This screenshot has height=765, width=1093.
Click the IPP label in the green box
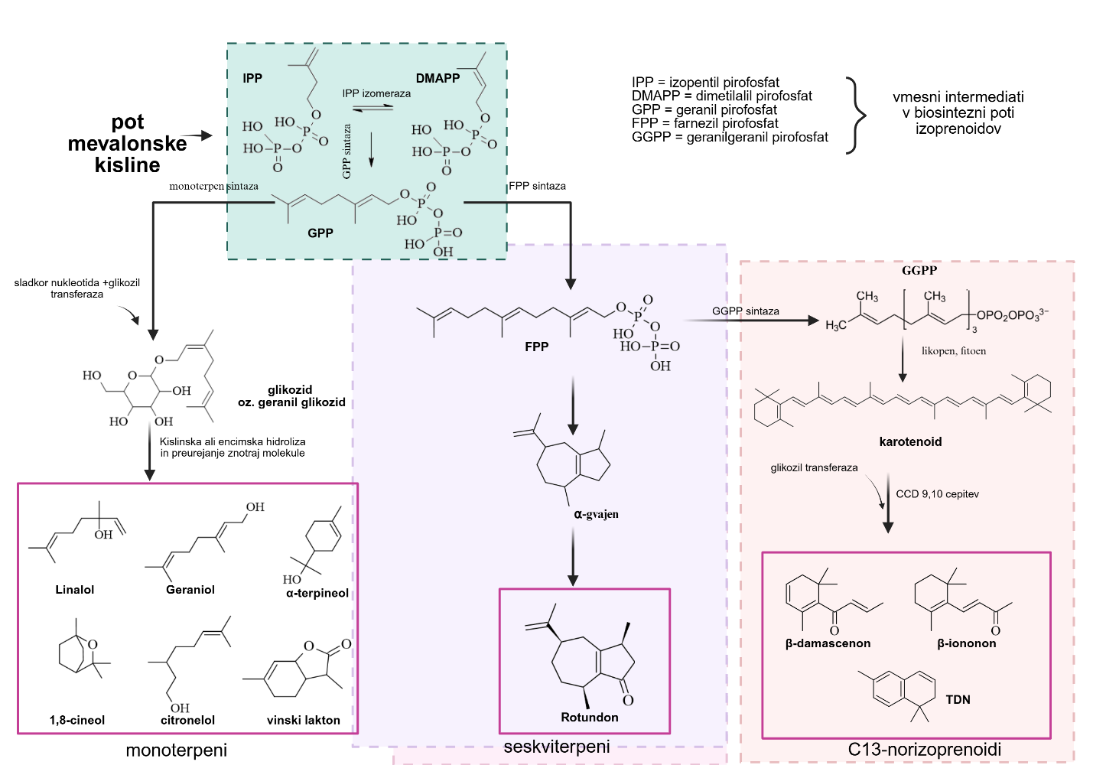(x=252, y=78)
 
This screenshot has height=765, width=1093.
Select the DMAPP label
(x=438, y=78)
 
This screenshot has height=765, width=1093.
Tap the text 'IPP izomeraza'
(x=376, y=93)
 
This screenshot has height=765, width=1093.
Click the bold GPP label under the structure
(x=320, y=233)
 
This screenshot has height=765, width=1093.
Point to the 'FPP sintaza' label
(x=538, y=186)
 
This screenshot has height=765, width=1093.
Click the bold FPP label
(x=536, y=347)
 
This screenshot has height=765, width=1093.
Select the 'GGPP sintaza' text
(x=745, y=311)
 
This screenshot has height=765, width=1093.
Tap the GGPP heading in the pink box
(x=919, y=270)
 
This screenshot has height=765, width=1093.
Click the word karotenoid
(x=910, y=441)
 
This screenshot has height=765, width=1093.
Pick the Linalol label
(x=75, y=590)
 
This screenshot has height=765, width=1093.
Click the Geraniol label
(x=190, y=590)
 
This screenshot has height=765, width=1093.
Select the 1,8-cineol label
(x=77, y=720)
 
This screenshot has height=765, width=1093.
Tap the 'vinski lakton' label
(x=303, y=720)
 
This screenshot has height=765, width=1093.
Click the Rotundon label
(x=590, y=717)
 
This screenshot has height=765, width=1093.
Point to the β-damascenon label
(x=828, y=643)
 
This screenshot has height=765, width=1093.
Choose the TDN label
(x=958, y=699)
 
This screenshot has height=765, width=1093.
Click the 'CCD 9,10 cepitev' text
(x=937, y=494)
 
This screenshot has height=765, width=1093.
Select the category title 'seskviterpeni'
(x=557, y=747)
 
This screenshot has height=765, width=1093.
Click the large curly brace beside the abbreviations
(x=857, y=116)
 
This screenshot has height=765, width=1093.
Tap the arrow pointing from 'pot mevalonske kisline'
(x=200, y=136)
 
